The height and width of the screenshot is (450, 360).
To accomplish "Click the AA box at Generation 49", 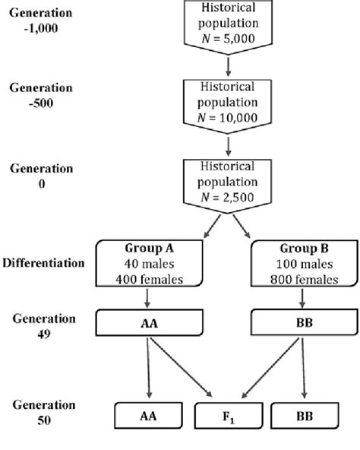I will [145, 322].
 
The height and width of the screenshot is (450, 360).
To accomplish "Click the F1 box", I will [228, 417].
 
